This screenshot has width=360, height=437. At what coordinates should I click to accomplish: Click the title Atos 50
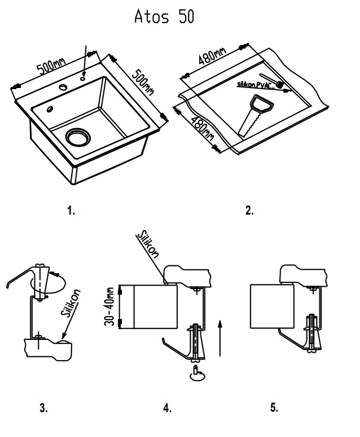(x=164, y=17)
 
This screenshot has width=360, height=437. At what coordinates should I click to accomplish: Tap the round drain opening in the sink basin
(x=77, y=136)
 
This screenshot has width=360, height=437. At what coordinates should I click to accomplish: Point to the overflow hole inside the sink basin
(x=50, y=109)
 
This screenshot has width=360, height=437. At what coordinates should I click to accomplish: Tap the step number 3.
(x=44, y=408)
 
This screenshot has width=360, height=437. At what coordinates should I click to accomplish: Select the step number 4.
(x=167, y=408)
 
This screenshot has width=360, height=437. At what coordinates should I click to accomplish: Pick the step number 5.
(x=274, y=408)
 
